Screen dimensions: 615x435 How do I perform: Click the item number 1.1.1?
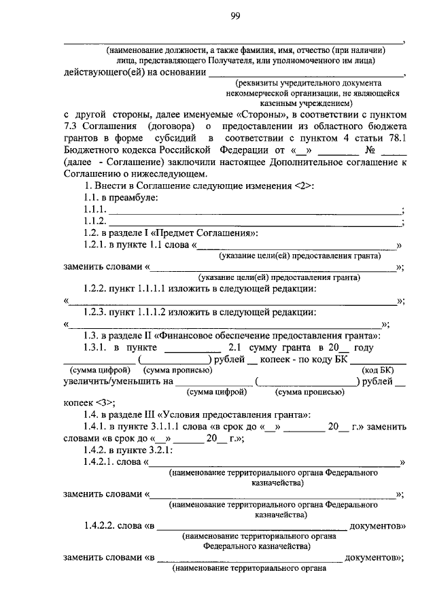[95, 209]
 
